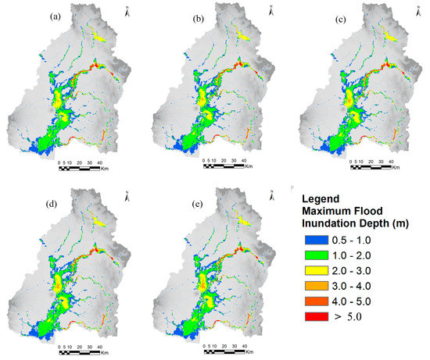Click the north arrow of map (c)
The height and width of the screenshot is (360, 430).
click(x=411, y=11)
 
